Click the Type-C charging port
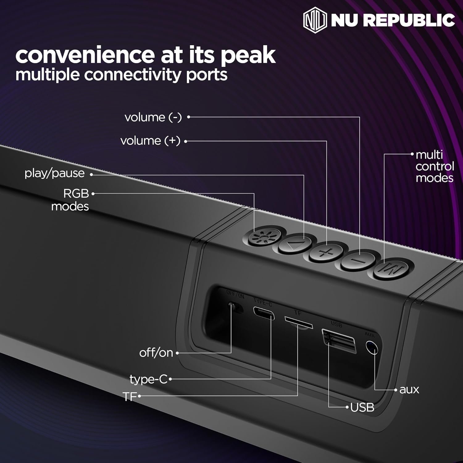click(264, 313)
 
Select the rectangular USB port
click(339, 340)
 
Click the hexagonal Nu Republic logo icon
click(315, 20)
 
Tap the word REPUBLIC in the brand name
click(409, 20)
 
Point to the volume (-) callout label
click(153, 117)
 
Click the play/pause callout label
click(55, 173)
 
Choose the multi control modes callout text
click(435, 166)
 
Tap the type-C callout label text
click(148, 379)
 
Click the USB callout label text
click(362, 407)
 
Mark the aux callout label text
click(409, 390)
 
